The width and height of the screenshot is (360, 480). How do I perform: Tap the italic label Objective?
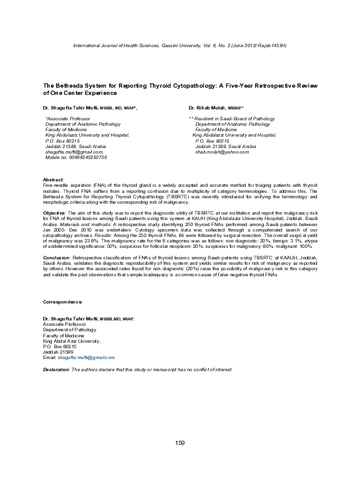coord(54,213)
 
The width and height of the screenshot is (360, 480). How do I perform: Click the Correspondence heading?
coord(62,301)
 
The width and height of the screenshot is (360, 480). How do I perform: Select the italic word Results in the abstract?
coord(176,235)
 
